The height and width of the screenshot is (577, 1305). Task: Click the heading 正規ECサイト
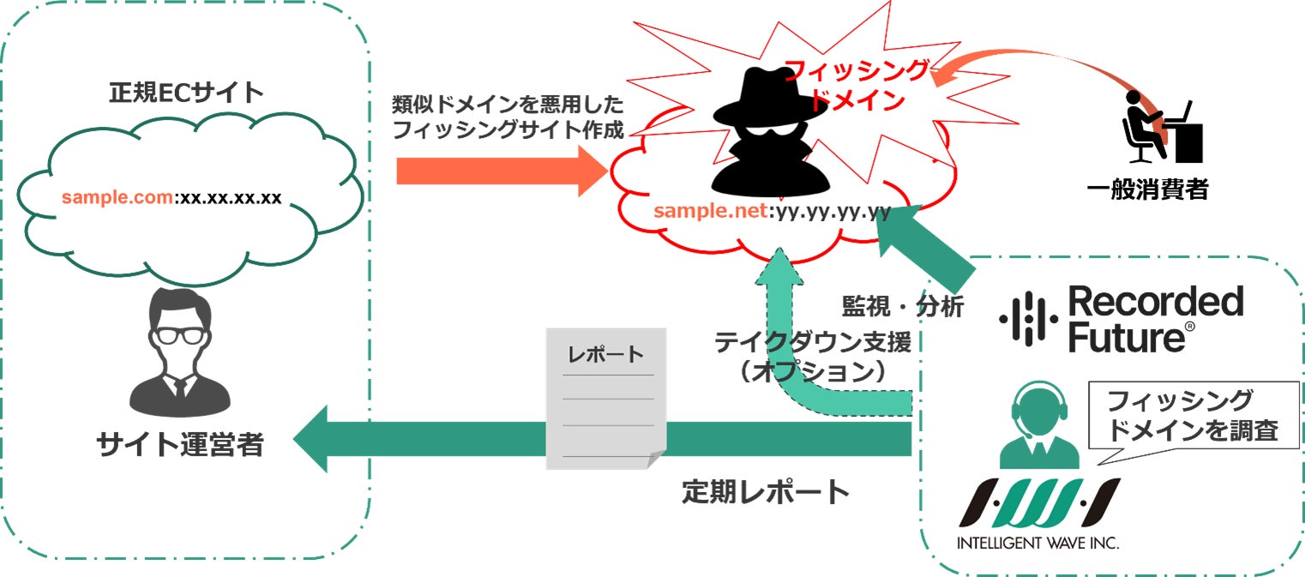click(186, 92)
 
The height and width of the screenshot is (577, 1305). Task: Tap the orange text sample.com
click(117, 198)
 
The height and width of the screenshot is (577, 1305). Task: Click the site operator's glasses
click(179, 335)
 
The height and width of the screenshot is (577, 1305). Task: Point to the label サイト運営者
click(179, 445)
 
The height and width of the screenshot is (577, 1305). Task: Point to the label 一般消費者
click(1147, 189)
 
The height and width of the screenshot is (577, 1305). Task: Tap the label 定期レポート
click(766, 491)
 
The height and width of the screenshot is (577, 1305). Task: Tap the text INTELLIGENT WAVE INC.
click(1037, 543)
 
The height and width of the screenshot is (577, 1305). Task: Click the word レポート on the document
click(606, 354)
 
